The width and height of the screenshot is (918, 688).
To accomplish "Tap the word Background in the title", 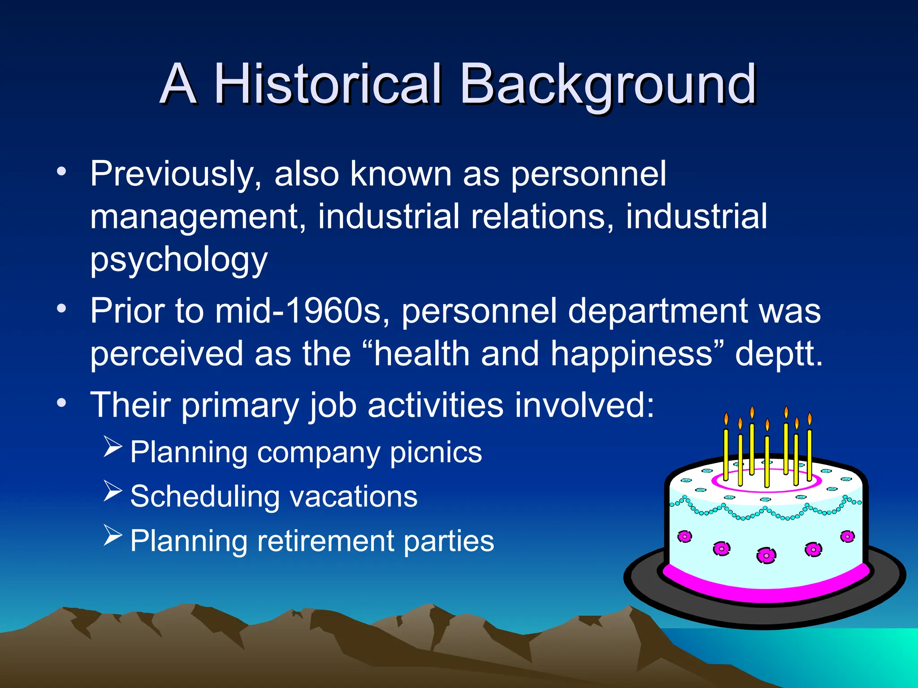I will click(x=607, y=84).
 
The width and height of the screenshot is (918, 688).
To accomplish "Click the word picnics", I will click(x=436, y=452).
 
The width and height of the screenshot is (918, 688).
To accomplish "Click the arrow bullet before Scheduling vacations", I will click(x=113, y=491).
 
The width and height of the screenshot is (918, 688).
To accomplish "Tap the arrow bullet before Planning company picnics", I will click(x=113, y=447).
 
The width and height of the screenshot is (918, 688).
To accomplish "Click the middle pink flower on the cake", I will click(x=766, y=555).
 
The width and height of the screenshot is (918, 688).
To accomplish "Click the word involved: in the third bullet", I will click(x=585, y=405).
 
